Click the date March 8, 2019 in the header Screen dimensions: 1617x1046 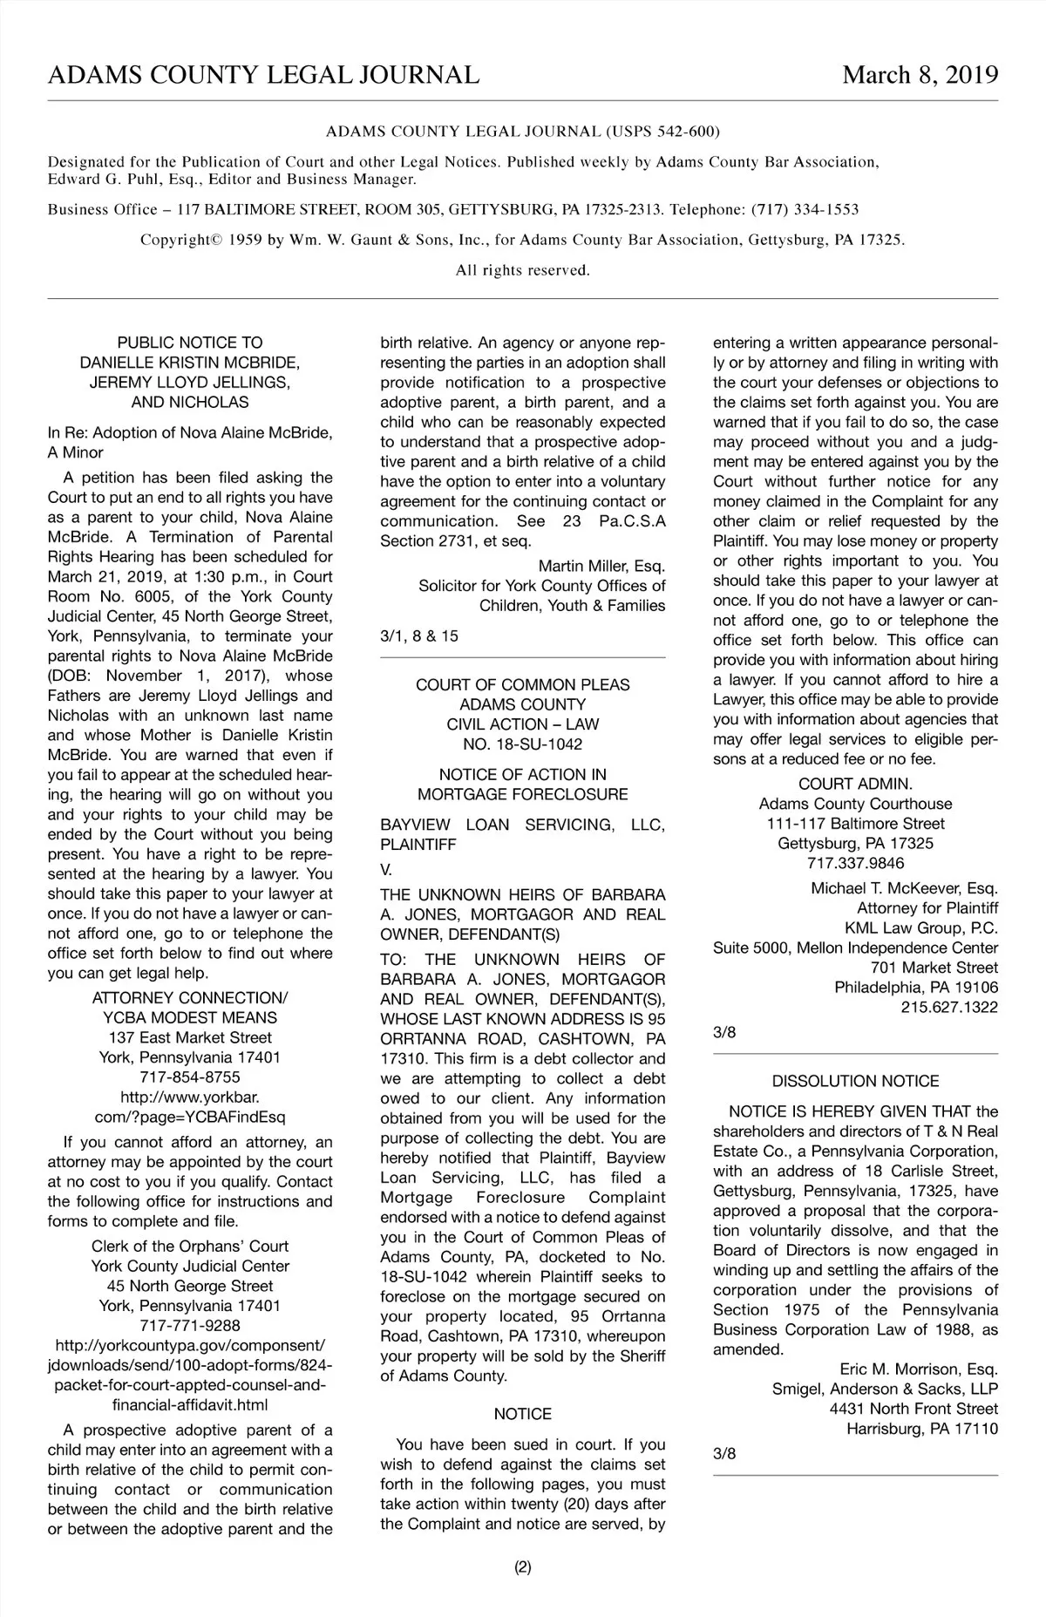coord(920,75)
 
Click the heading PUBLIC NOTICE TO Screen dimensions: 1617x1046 coord(190,343)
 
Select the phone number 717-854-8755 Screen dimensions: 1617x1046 coord(190,1077)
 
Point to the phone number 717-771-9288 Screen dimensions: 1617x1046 coord(190,1326)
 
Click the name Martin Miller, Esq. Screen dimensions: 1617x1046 coord(601,567)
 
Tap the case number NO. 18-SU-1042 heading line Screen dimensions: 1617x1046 coord(522,744)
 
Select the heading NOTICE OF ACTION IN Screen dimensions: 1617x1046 coord(522,774)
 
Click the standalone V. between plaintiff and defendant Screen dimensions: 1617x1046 coord(386,870)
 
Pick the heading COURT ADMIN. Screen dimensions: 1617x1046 coord(855,784)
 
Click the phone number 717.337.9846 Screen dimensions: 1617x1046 coord(855,863)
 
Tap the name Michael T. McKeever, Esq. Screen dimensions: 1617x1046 coord(904,888)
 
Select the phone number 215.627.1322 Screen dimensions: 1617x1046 coord(949,1007)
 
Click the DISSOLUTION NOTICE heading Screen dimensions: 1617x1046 coord(855,1081)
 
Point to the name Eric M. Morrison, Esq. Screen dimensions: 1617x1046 coord(919,1369)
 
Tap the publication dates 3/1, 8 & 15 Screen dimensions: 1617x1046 coord(419,636)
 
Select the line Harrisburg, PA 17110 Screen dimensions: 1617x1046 coord(922,1429)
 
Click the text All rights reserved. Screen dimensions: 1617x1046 coord(523,270)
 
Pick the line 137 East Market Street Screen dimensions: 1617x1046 coord(190,1037)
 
